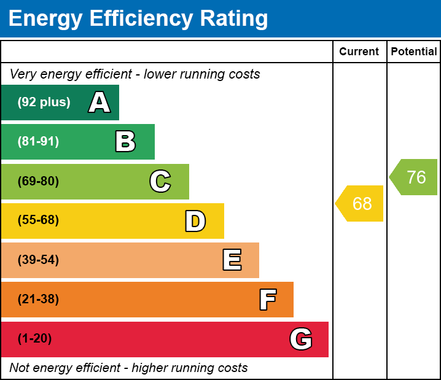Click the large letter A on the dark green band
click(100, 103)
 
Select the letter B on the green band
click(125, 142)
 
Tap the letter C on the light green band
click(160, 181)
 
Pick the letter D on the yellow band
click(195, 221)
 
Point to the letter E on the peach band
click(232, 260)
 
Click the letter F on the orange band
click(267, 300)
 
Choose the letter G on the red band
click(301, 339)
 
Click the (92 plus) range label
click(44, 103)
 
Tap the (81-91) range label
click(38, 142)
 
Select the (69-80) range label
click(38, 181)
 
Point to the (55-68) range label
click(38, 220)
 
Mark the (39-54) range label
click(38, 260)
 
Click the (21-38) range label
click(38, 300)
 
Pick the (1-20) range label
click(35, 339)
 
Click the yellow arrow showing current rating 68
click(361, 203)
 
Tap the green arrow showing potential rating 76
click(415, 177)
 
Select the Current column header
click(359, 52)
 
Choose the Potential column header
click(414, 52)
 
